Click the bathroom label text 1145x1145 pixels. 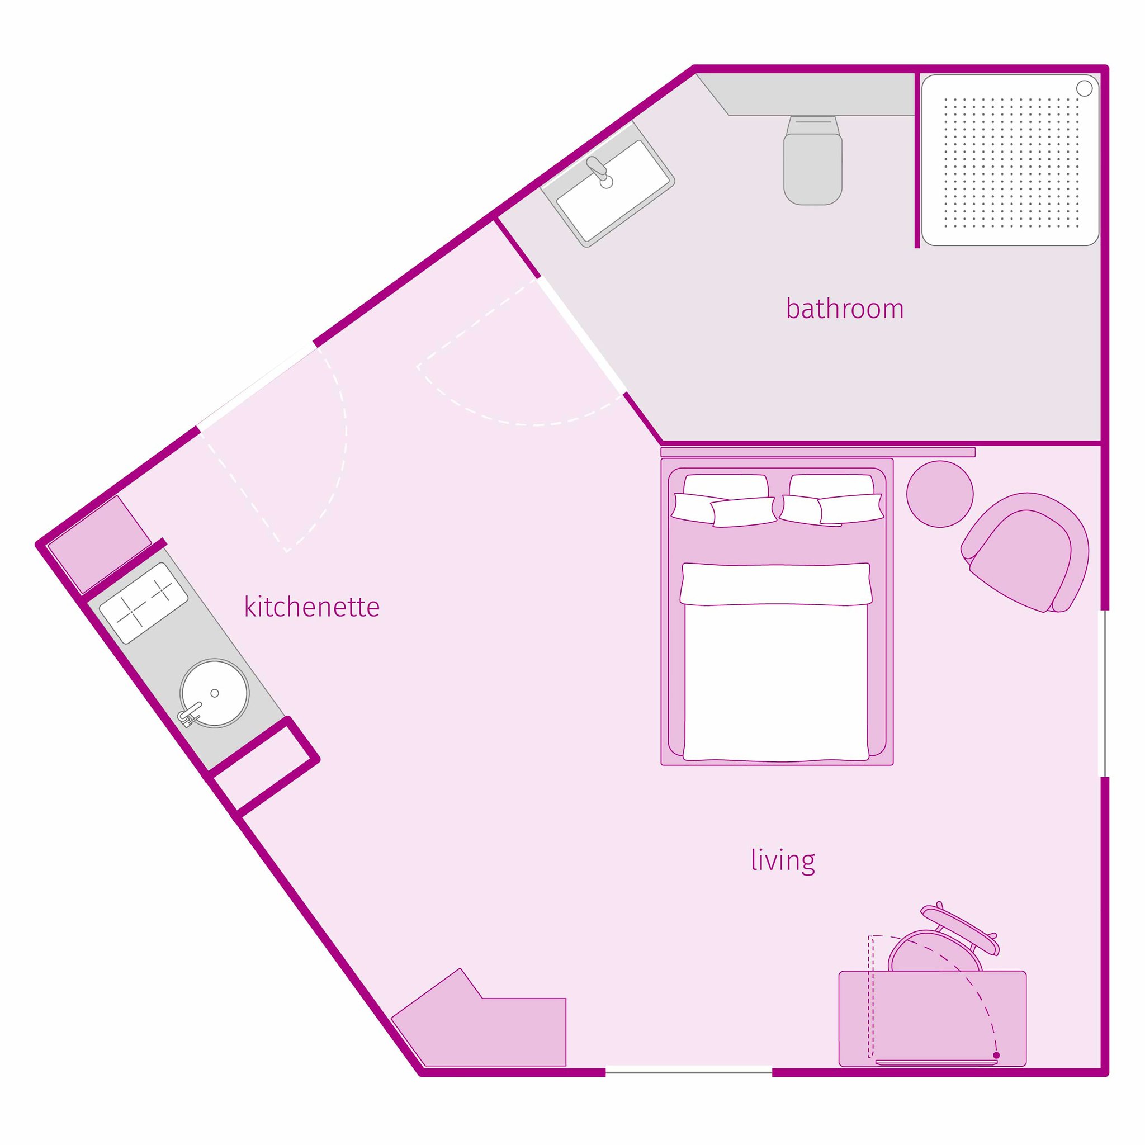pyautogui.click(x=845, y=309)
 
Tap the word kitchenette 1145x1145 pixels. pyautogui.click(x=312, y=608)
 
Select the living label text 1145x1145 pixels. pyautogui.click(x=782, y=860)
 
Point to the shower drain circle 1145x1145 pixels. pyautogui.click(x=1084, y=88)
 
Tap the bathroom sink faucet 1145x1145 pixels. pyautogui.click(x=599, y=169)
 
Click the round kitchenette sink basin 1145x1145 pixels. pyautogui.click(x=214, y=693)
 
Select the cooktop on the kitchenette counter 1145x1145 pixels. pyautogui.click(x=144, y=603)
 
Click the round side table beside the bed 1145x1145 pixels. pyautogui.click(x=939, y=494)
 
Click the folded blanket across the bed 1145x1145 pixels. pyautogui.click(x=776, y=584)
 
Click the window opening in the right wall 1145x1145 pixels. pyautogui.click(x=1104, y=693)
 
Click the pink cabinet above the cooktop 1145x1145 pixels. pyautogui.click(x=99, y=543)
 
